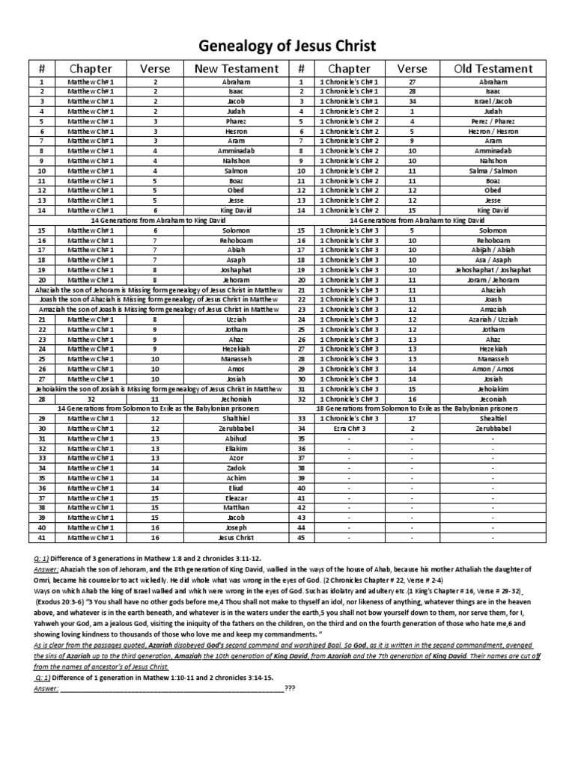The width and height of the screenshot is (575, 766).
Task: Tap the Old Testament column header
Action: coord(493,68)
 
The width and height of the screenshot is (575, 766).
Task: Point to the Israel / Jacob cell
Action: coord(493,101)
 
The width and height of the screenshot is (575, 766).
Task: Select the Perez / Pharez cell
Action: coord(493,121)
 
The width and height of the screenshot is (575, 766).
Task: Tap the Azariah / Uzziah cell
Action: coord(493,319)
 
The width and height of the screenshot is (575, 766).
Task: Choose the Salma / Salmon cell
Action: coord(493,171)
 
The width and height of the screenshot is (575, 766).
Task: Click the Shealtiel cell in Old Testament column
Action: coord(493,418)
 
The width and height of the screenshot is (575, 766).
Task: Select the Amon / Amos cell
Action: coord(493,369)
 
